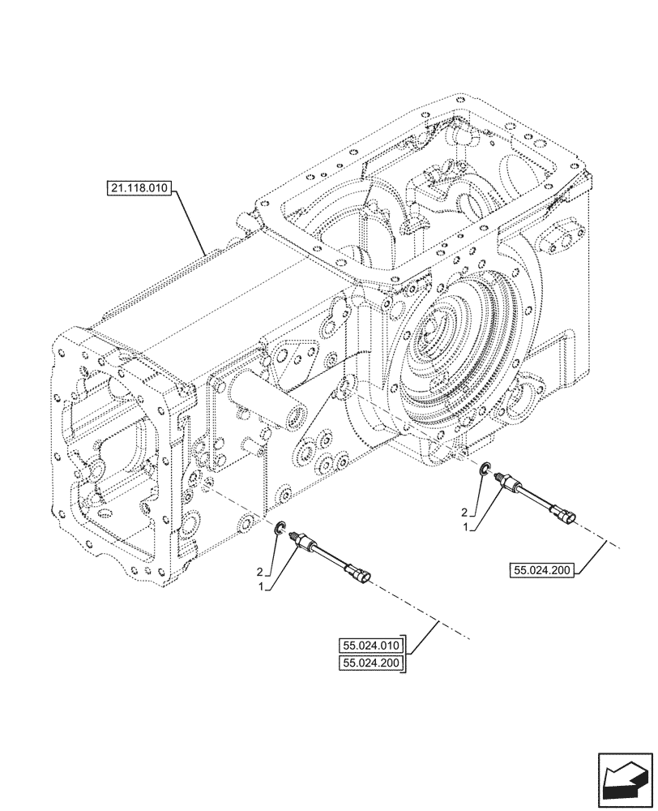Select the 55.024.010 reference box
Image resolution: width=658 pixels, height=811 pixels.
371,646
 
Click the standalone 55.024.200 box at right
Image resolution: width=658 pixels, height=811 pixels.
542,570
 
